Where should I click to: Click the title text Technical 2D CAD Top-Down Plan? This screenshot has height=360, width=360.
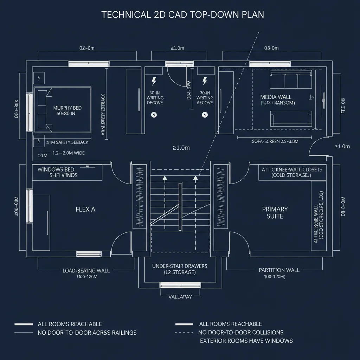(x=182, y=14)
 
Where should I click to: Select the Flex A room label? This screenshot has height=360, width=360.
(x=85, y=209)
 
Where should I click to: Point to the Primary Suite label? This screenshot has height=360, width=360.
(x=275, y=213)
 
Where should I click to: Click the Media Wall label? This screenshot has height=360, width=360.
(x=276, y=97)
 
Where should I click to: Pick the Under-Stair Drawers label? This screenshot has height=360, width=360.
(x=180, y=269)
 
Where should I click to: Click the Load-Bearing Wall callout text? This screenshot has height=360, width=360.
(x=86, y=271)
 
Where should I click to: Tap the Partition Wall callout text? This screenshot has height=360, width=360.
(x=279, y=270)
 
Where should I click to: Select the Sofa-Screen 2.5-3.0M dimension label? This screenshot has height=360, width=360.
(x=275, y=141)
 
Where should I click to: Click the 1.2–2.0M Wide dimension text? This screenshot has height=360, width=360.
(x=69, y=153)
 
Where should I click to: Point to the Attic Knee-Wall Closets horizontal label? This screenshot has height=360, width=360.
(x=292, y=172)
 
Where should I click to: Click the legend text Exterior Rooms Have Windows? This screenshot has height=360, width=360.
(x=246, y=340)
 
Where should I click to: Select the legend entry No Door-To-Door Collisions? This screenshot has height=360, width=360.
(x=241, y=332)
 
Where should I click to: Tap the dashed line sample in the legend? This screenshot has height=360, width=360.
(x=184, y=332)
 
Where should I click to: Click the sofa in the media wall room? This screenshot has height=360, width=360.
(x=291, y=118)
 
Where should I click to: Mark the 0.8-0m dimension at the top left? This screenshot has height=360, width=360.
(x=87, y=48)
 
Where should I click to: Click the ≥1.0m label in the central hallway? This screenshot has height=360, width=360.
(x=181, y=148)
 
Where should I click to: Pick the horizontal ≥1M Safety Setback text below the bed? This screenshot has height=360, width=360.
(x=67, y=142)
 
